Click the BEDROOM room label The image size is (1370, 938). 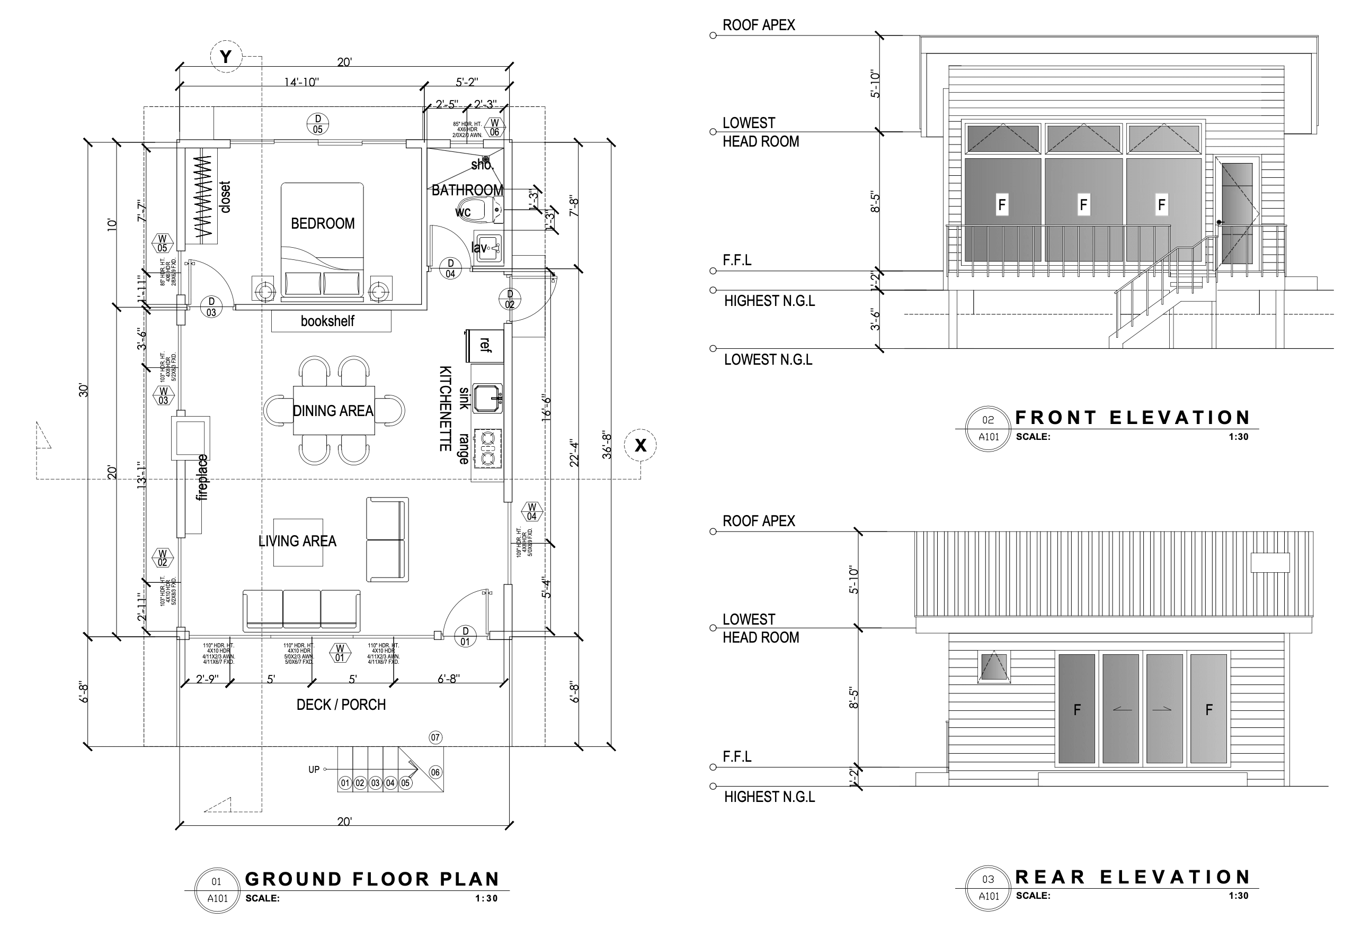point(323,223)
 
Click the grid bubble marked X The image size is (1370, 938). point(640,445)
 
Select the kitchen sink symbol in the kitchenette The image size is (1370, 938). point(487,398)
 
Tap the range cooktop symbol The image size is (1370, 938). point(488,448)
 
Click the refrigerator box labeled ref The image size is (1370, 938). point(485,346)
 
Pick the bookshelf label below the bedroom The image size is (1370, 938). point(327,321)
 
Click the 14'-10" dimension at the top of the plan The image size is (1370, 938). point(301,82)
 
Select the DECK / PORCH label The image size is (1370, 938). point(341,705)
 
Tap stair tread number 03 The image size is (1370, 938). point(375,783)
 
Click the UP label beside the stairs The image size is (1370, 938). point(314,770)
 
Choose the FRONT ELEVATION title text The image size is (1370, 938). point(1132,418)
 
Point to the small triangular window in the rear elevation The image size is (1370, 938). point(994,666)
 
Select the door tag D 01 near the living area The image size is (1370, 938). point(465,636)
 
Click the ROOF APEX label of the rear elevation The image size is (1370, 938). point(759,521)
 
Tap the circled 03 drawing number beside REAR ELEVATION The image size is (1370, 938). point(988,879)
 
